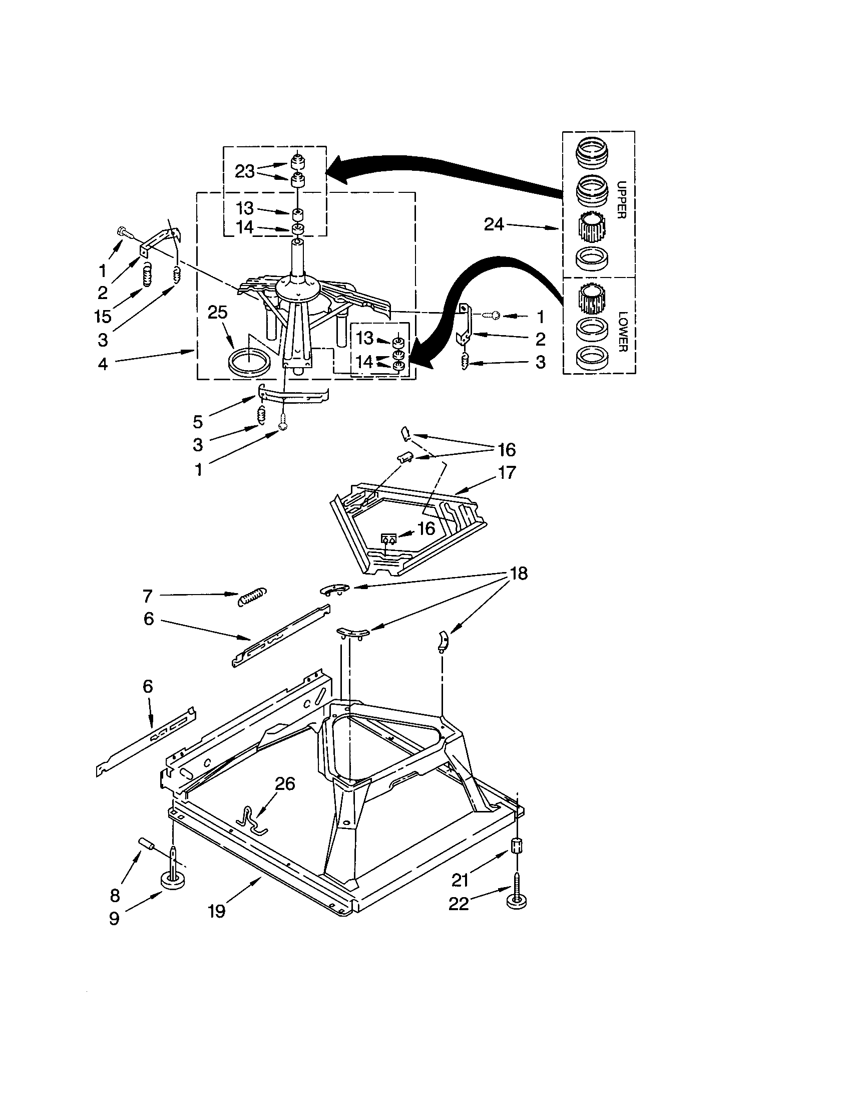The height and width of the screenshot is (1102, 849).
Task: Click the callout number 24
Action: (494, 224)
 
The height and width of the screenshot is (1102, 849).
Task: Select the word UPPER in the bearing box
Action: (621, 200)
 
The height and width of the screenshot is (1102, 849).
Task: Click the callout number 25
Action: (218, 313)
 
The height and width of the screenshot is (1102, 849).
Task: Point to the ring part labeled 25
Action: (249, 362)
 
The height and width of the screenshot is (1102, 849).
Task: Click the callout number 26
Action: (285, 783)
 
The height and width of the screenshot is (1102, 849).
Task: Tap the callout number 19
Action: (217, 911)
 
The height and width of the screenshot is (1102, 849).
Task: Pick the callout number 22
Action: (458, 904)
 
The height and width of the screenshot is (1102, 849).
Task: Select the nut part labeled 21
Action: (517, 846)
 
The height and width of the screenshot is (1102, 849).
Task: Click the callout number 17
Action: (507, 472)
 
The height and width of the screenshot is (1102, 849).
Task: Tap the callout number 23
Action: (244, 171)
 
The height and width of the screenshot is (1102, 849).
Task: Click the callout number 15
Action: (102, 317)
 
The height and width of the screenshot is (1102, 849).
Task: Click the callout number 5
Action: (198, 421)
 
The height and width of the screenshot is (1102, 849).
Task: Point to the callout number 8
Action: (115, 895)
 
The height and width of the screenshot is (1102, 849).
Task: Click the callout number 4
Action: (103, 364)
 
